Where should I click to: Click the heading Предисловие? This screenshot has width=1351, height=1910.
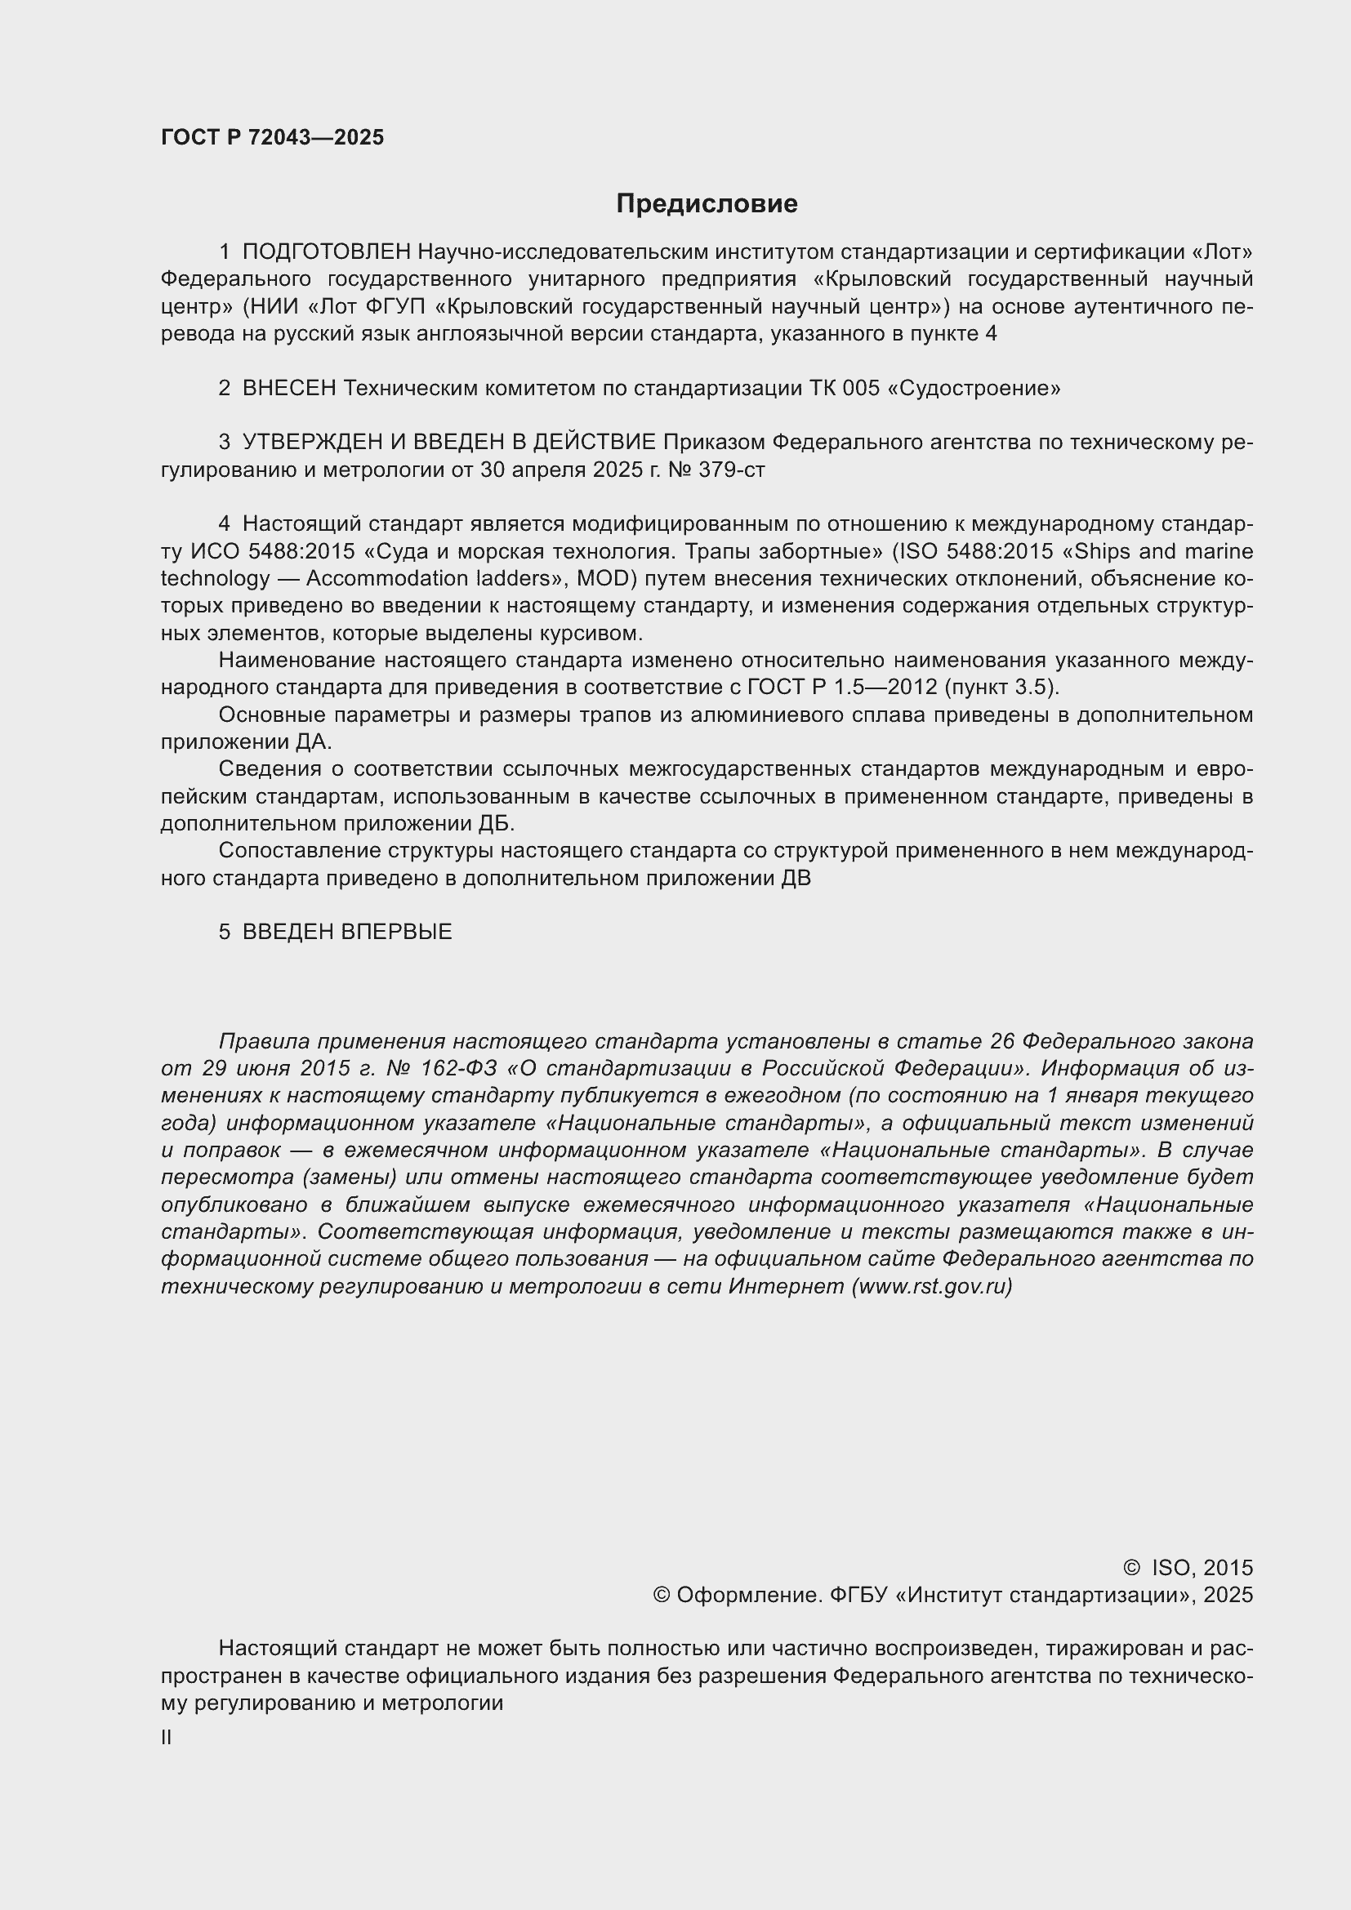point(707,204)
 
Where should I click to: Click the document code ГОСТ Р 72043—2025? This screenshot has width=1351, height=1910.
point(272,137)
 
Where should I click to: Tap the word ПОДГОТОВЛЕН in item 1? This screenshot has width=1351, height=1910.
point(326,252)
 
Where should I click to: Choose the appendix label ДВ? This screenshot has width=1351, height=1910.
point(796,879)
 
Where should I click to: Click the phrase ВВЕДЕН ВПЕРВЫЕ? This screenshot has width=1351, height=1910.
point(347,932)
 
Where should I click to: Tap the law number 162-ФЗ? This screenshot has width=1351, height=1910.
point(458,1068)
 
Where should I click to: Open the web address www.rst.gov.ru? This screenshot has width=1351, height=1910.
point(932,1286)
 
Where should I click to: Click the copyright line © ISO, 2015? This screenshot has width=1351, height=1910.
point(1187,1568)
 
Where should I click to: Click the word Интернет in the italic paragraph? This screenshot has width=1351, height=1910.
point(786,1286)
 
